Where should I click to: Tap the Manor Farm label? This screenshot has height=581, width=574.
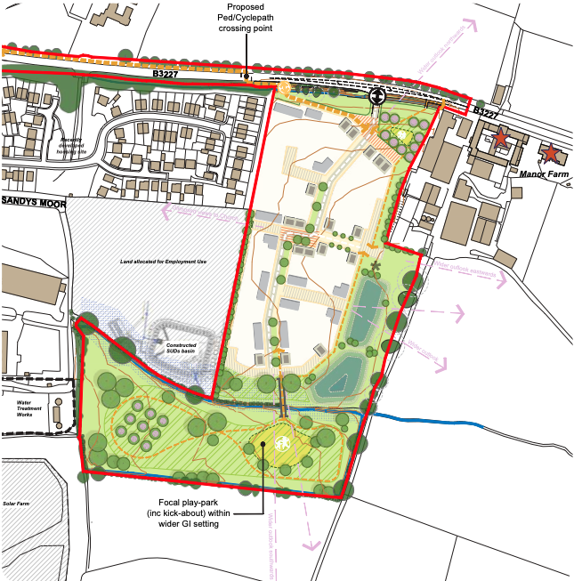[x=543, y=175]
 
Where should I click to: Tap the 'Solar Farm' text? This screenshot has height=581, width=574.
[x=18, y=504]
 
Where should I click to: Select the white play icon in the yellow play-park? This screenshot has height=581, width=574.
[x=284, y=442]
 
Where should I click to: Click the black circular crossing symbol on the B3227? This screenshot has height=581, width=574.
[x=377, y=95]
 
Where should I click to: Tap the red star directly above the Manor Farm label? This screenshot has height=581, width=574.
[x=551, y=152]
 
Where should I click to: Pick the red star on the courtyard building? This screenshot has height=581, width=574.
[x=502, y=138]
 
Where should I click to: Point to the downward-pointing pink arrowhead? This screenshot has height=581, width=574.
[x=311, y=546]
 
